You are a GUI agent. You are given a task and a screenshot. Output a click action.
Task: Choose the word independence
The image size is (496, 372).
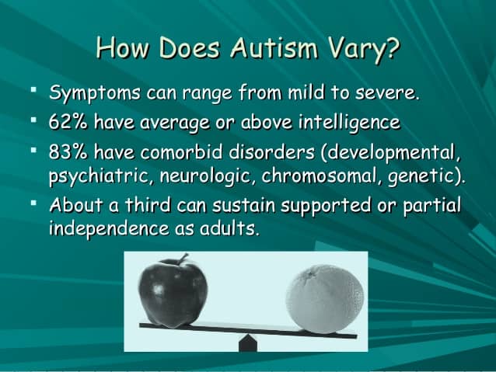coord(112,231)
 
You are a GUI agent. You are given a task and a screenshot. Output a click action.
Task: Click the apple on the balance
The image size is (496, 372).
coord(173,293)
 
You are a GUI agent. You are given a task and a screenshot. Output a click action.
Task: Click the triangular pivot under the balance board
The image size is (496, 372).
coord(248,342)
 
